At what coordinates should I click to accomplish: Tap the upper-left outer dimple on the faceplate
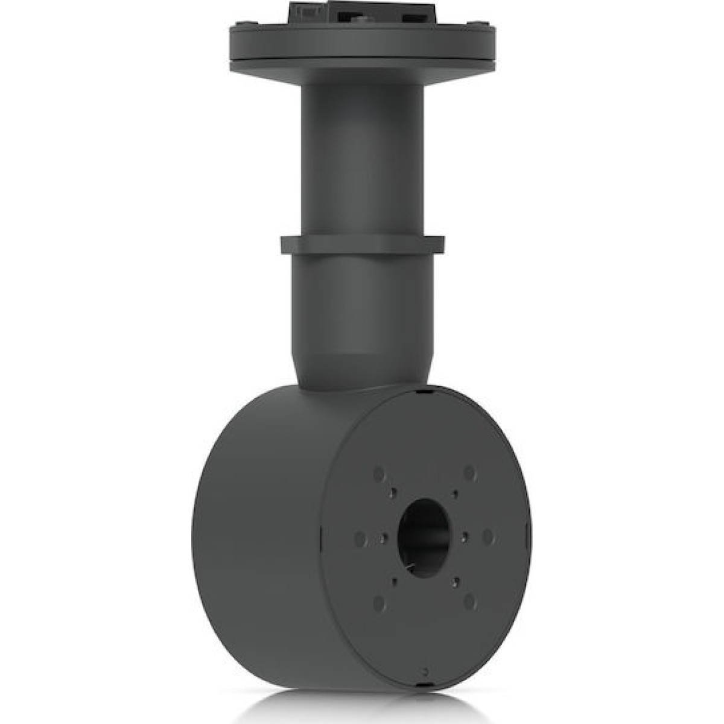pyautogui.click(x=379, y=474)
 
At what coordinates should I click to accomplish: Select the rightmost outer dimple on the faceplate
pyautogui.click(x=488, y=536)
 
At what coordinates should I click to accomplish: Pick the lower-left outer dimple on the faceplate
pyautogui.click(x=379, y=603)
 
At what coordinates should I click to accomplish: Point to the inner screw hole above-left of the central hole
pyautogui.click(x=393, y=492)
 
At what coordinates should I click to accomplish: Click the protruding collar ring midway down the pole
pyautogui.click(x=363, y=244)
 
